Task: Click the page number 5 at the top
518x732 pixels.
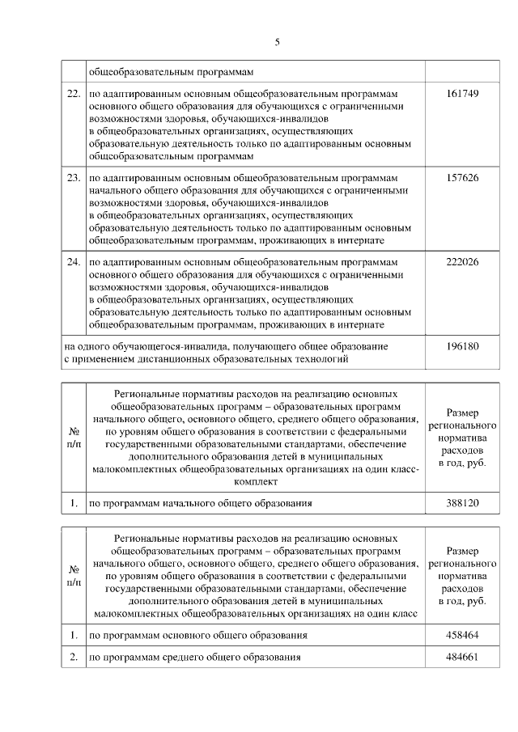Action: (277, 43)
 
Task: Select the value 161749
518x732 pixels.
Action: (462, 94)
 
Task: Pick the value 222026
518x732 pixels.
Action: (462, 263)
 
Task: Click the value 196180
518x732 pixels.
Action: (462, 346)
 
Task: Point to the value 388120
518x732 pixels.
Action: (462, 503)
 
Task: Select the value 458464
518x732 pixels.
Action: (462, 636)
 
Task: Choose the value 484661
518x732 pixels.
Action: (462, 658)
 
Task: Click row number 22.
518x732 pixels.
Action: (73, 94)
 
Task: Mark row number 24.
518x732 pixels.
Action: (73, 263)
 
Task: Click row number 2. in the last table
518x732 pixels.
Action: (73, 658)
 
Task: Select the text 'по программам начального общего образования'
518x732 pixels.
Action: (200, 503)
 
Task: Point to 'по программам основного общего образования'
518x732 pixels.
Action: (197, 636)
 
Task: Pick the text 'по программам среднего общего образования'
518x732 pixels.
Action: (195, 658)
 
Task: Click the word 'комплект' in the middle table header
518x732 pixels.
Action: (255, 481)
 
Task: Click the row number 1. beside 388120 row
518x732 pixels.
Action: (73, 503)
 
